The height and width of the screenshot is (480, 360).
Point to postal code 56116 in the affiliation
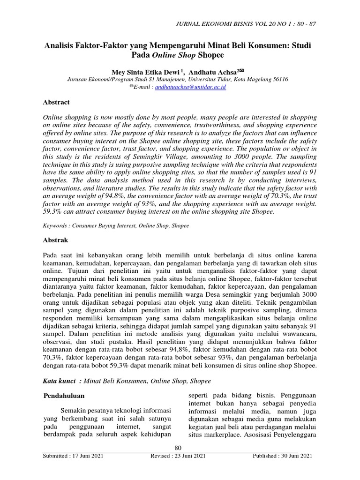[278, 79]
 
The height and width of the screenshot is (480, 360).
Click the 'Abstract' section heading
[56, 102]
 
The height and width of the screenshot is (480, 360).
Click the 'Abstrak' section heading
[55, 240]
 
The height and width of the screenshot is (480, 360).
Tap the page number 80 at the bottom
[178, 449]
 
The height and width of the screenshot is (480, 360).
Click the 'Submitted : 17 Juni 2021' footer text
[73, 456]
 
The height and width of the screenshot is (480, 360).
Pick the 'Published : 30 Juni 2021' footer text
[282, 456]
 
